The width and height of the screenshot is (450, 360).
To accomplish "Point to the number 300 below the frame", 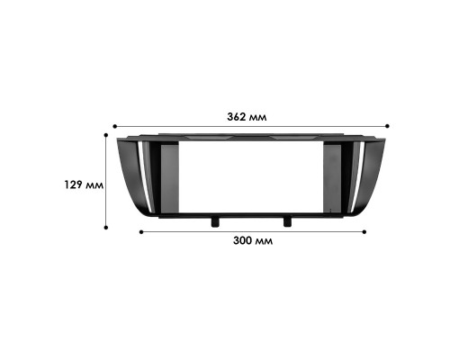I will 242,241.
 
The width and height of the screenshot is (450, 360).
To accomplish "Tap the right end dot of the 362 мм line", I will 387,126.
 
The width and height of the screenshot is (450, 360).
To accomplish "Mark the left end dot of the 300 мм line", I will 140,231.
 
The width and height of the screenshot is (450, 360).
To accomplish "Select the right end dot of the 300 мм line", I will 364,231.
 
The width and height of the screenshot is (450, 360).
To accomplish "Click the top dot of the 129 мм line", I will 106,135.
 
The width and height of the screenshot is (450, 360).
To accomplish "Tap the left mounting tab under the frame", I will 215,220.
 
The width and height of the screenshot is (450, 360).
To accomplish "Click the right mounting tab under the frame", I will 287,220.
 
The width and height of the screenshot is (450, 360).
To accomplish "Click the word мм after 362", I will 261,117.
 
